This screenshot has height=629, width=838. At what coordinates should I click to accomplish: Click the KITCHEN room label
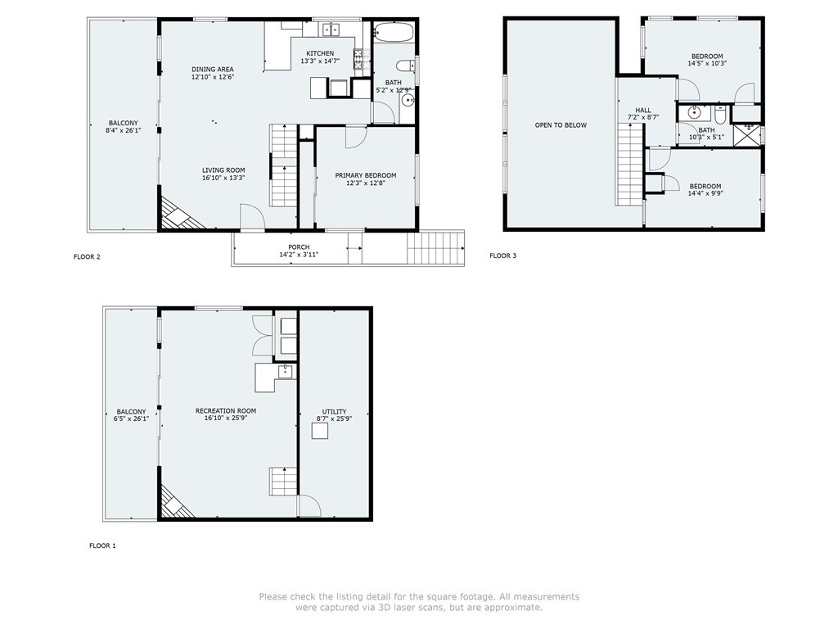pyautogui.click(x=320, y=53)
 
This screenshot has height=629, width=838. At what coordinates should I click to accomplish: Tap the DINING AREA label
pyautogui.click(x=213, y=69)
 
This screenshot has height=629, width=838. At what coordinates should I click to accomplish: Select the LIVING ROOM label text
pyautogui.click(x=223, y=170)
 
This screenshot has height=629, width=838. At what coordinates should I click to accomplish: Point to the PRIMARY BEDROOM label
pyautogui.click(x=366, y=175)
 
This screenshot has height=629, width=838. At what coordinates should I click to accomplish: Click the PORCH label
pyautogui.click(x=299, y=247)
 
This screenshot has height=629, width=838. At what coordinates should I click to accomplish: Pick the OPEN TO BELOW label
pyautogui.click(x=561, y=125)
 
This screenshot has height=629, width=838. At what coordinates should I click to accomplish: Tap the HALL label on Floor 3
pyautogui.click(x=643, y=111)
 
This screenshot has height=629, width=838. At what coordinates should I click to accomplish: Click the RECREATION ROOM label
pyautogui.click(x=226, y=411)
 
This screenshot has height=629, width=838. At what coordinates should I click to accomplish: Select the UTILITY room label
pyautogui.click(x=334, y=412)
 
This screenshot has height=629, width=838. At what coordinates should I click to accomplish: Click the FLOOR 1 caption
pyautogui.click(x=102, y=545)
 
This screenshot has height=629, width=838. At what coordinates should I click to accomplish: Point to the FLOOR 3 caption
pyautogui.click(x=503, y=256)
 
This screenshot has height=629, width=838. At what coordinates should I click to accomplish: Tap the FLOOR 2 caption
pyautogui.click(x=87, y=256)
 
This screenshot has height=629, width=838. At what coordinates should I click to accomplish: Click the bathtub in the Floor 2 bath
pyautogui.click(x=394, y=33)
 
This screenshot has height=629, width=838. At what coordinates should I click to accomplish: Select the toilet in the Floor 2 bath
pyautogui.click(x=406, y=66)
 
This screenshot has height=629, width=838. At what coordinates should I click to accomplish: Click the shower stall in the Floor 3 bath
pyautogui.click(x=746, y=135)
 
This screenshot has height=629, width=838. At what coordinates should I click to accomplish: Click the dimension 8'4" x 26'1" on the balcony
pyautogui.click(x=124, y=130)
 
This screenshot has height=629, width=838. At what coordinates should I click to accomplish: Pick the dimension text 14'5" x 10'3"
pyautogui.click(x=707, y=63)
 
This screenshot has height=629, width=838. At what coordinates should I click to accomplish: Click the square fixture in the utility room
pyautogui.click(x=320, y=431)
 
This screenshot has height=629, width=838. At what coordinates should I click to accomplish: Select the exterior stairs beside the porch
pyautogui.click(x=435, y=247)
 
